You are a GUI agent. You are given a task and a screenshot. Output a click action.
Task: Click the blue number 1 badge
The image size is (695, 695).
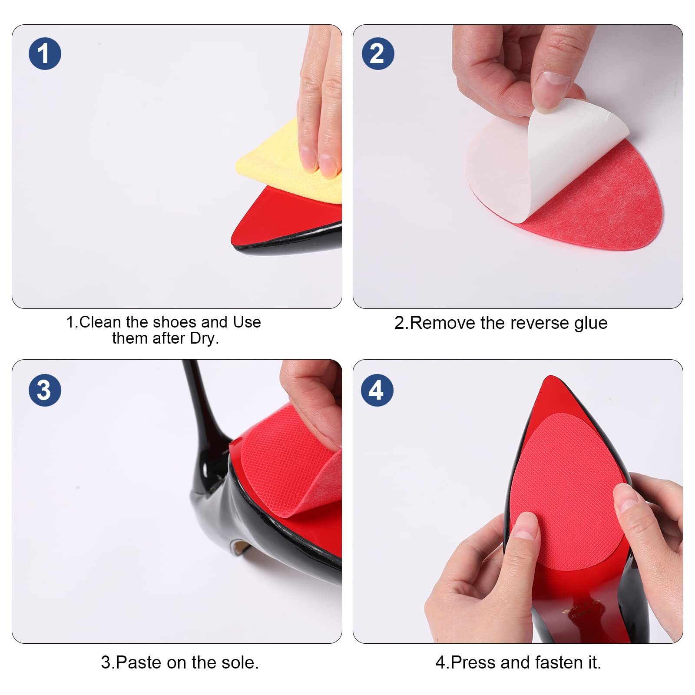(45, 54)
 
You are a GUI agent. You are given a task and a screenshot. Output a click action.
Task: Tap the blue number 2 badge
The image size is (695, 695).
(378, 54)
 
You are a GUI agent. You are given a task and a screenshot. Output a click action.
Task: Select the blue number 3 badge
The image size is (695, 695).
(45, 390)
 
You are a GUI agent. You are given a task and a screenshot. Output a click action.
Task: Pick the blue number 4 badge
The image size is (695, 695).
(377, 390)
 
